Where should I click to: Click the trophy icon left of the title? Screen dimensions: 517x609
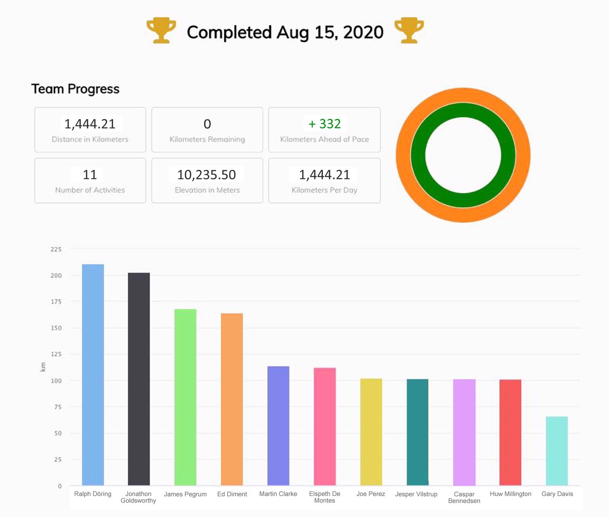(x=161, y=30)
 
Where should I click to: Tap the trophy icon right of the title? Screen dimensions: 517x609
(x=409, y=30)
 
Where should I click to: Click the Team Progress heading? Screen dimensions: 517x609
(x=75, y=89)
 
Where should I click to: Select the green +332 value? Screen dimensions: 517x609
(x=325, y=124)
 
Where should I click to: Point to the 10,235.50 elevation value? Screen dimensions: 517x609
(x=207, y=175)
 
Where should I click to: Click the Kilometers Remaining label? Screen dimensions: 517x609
(x=207, y=139)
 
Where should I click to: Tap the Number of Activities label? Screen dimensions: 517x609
(x=90, y=190)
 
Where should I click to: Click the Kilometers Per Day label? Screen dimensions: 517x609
(x=324, y=190)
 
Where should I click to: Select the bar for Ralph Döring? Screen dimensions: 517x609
(x=93, y=375)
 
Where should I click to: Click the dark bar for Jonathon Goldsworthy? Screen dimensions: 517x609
(x=139, y=379)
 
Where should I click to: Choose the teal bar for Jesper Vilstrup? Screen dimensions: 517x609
(x=417, y=432)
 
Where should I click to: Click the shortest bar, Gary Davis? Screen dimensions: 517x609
(x=556, y=451)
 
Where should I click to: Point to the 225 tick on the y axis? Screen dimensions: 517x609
(x=56, y=249)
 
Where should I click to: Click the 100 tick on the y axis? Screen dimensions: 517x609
(x=56, y=381)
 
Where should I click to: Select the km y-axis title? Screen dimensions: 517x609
(x=43, y=367)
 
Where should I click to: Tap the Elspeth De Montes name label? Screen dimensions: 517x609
(x=325, y=497)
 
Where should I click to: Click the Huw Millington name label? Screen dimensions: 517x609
(x=510, y=494)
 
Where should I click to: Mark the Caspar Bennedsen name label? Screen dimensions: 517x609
(x=464, y=497)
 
